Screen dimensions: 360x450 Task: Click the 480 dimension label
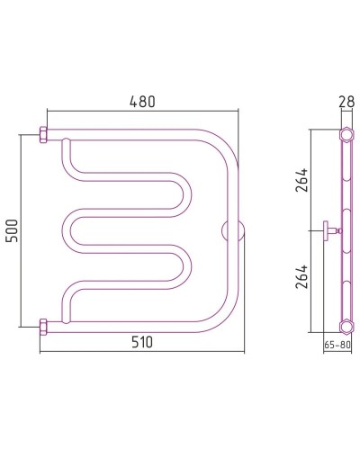coord(142,102)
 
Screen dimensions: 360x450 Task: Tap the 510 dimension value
coord(142,342)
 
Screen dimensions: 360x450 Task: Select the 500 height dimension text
coord(13,230)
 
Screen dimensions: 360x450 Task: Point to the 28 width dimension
coord(347,102)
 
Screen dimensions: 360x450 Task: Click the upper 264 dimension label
coord(301,180)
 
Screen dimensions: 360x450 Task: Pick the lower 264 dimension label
coord(301,276)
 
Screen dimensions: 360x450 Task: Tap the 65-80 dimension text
coord(337,345)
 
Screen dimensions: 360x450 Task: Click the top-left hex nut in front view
coord(43,135)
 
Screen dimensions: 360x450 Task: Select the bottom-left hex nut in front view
coord(43,327)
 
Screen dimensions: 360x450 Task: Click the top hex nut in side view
coord(346,135)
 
